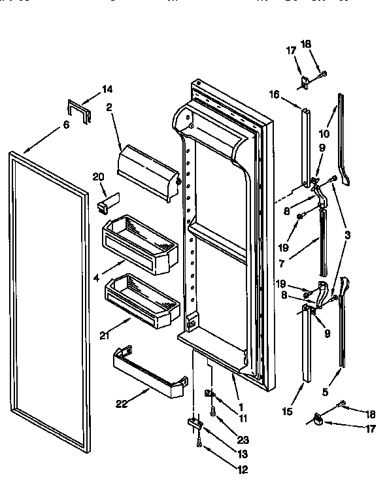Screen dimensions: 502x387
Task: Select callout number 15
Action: [285, 413]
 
